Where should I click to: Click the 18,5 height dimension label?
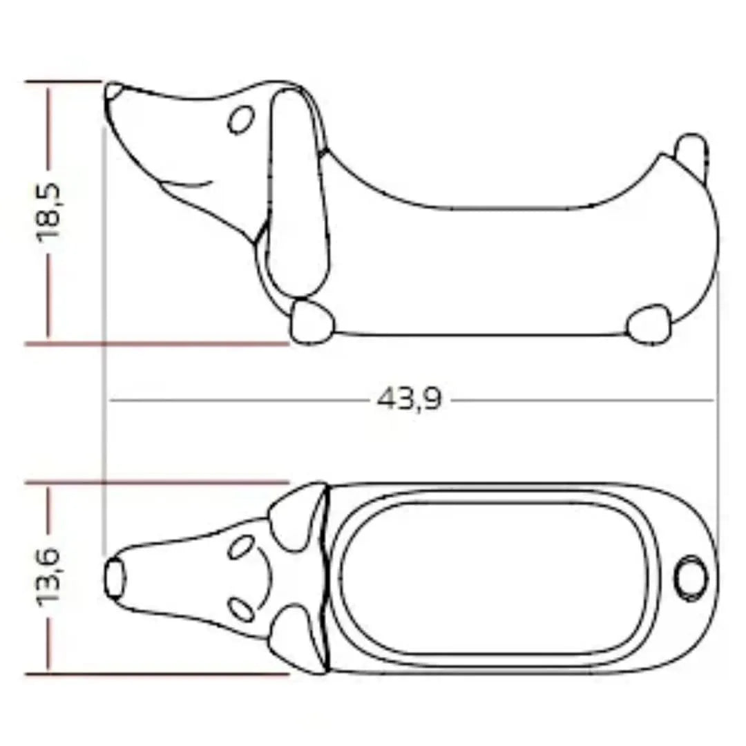tap(50, 211)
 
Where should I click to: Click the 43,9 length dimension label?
tap(409, 399)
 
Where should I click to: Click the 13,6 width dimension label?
tap(50, 576)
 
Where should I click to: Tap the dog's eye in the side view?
tap(240, 120)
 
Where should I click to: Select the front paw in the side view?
tap(311, 322)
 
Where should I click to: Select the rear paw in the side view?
tap(649, 323)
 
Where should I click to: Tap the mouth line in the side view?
tap(186, 184)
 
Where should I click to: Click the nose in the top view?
tap(115, 577)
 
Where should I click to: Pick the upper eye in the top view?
tap(240, 547)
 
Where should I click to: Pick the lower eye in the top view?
tap(240, 609)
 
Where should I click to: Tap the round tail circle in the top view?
tap(691, 577)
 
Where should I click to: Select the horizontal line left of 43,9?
tap(242, 400)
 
